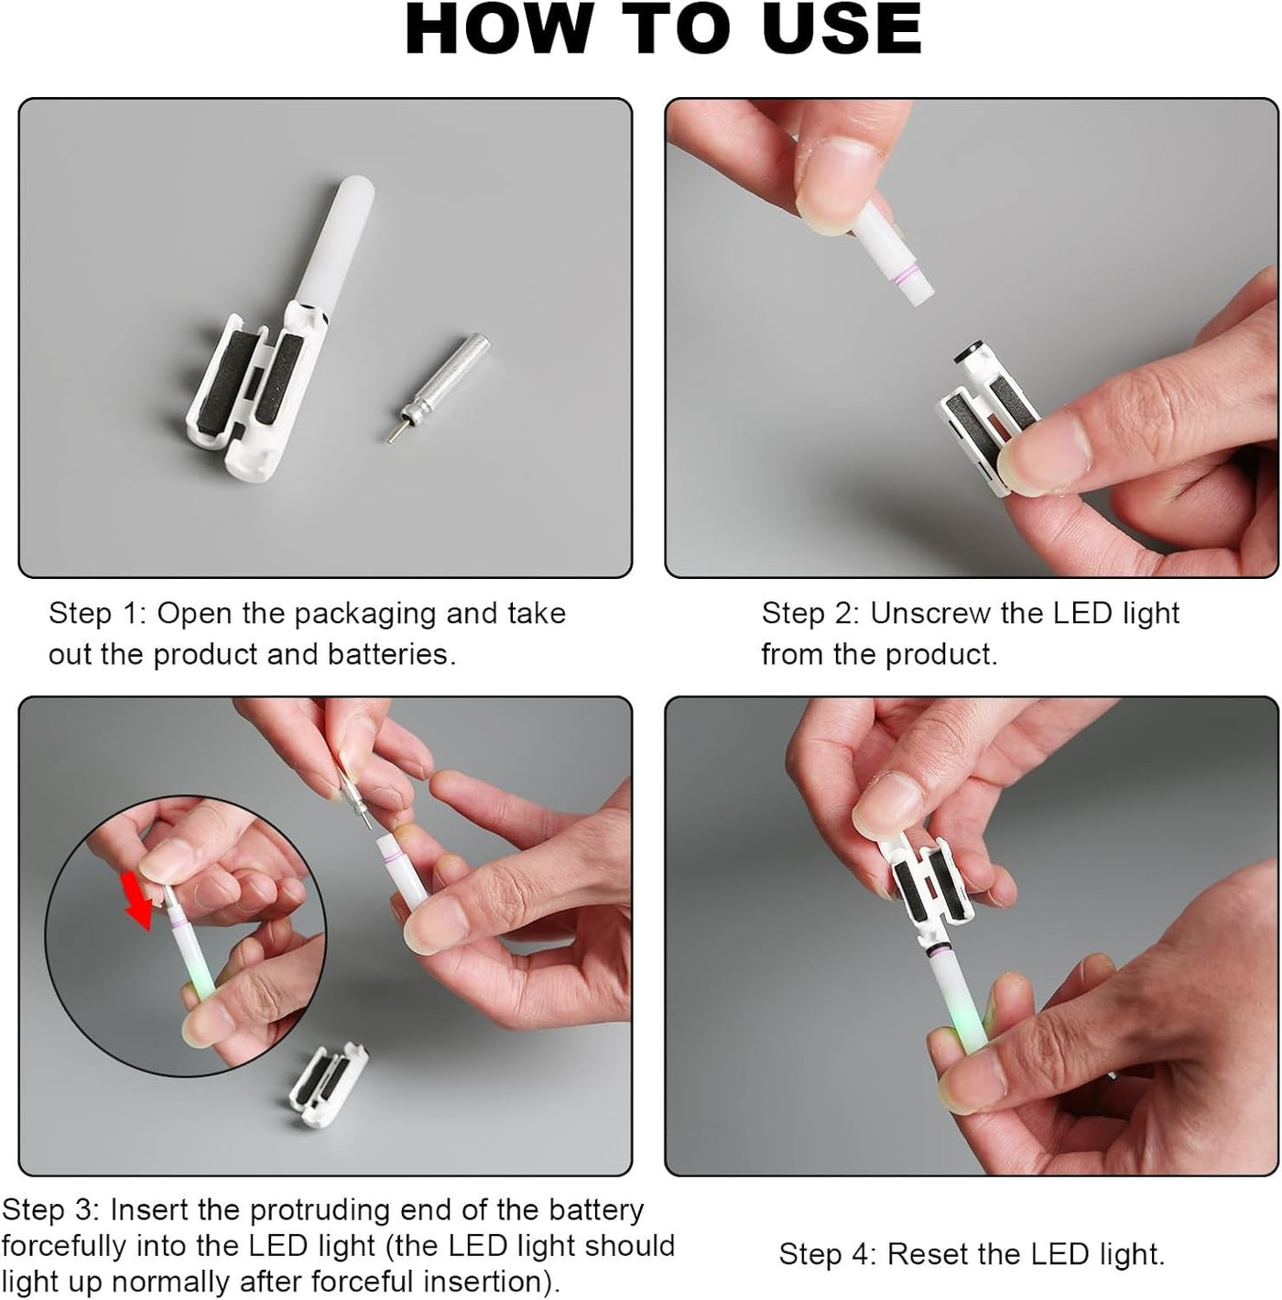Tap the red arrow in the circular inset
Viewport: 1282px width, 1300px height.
coord(137,900)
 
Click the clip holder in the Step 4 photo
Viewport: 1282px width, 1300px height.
coord(924,890)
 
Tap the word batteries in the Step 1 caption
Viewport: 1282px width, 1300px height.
coord(392,654)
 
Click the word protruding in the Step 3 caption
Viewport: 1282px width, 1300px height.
coord(320,1209)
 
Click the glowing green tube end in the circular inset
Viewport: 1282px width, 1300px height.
coord(200,979)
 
